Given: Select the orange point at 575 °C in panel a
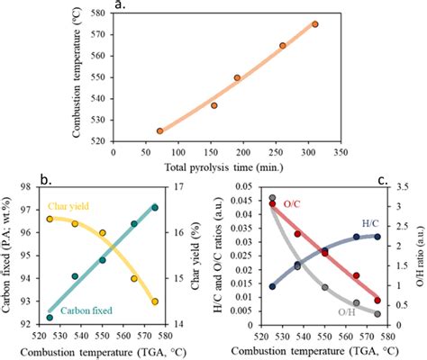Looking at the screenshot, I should tap(314, 24).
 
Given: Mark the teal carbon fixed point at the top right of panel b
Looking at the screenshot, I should tap(155, 208).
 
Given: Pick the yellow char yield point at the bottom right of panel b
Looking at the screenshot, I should tap(155, 301).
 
